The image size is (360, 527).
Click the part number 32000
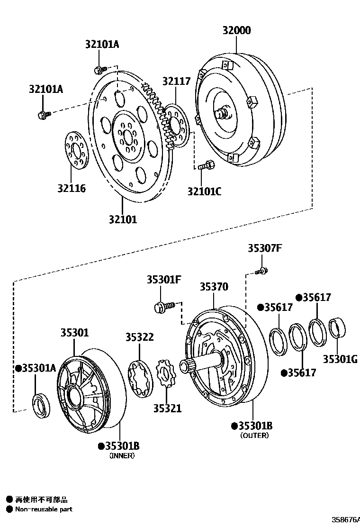237,31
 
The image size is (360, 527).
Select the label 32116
72,189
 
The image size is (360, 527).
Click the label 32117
176,82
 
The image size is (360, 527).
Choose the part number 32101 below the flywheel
123,219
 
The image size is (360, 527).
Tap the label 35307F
264,248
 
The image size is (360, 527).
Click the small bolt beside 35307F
261,271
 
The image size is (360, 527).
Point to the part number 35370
214,287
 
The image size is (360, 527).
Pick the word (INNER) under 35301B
122,455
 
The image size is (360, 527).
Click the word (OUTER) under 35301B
254,436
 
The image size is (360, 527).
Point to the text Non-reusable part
44,509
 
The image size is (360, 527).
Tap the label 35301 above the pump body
74,333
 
